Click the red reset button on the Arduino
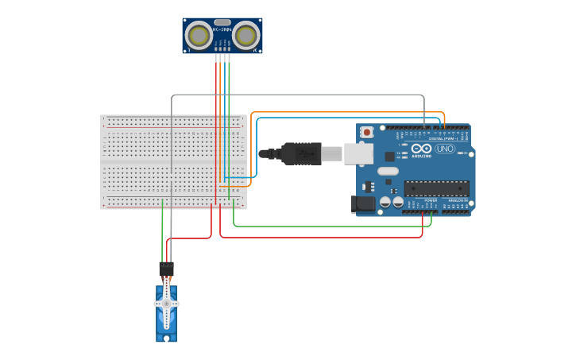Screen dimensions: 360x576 [366, 132]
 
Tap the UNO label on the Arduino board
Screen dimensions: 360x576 [445, 149]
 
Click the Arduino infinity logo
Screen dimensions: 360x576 [421, 148]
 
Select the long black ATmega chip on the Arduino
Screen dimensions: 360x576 [436, 188]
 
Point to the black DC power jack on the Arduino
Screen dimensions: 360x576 [363, 204]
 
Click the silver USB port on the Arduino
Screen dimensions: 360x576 [358, 153]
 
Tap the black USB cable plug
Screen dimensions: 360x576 [301, 153]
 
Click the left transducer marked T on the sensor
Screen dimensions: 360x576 [199, 36]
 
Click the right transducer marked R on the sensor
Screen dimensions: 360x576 [246, 36]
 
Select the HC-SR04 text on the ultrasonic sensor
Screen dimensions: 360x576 [222, 30]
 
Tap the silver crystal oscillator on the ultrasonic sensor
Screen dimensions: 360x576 [222, 22]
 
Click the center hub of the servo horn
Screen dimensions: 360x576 [166, 304]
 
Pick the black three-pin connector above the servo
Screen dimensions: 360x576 [166, 269]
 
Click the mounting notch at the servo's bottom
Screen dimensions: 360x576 [166, 338]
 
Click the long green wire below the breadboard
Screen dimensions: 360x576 [334, 226]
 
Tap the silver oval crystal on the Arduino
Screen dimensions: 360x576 [388, 171]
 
